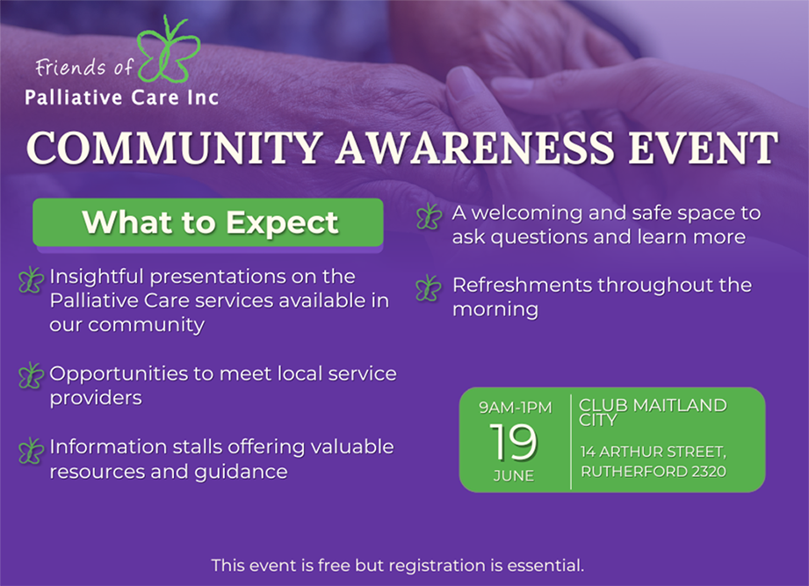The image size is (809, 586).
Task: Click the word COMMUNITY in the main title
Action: [x=176, y=148]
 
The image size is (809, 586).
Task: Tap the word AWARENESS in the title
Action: [x=474, y=148]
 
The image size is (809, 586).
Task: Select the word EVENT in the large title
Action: [x=703, y=148]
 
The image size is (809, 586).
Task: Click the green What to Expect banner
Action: [x=208, y=222]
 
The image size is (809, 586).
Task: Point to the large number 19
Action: [x=513, y=442]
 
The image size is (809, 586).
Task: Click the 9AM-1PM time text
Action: [x=515, y=408]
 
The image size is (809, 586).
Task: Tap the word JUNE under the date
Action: [x=513, y=475]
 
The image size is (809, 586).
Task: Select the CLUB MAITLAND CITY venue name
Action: [x=653, y=413]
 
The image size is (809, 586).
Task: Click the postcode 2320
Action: [x=709, y=472]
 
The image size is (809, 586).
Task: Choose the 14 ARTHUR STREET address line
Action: [x=654, y=452]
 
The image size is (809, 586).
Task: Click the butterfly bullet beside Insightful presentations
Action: [x=31, y=280]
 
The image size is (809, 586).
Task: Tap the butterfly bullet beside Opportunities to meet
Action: [x=31, y=375]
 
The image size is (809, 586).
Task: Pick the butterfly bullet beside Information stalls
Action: [x=31, y=451]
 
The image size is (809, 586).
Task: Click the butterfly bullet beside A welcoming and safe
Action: [x=430, y=216]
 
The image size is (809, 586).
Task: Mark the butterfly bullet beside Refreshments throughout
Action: [x=429, y=288]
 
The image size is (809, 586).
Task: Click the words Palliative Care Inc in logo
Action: [x=122, y=98]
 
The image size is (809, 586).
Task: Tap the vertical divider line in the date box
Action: [x=571, y=442]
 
